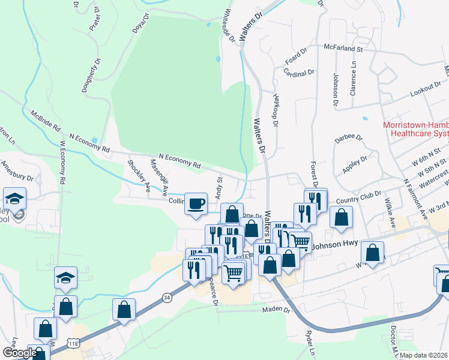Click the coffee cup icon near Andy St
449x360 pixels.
195,203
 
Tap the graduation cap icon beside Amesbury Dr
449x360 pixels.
15,199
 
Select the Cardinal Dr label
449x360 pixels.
300,73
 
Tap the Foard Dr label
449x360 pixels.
296,58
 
